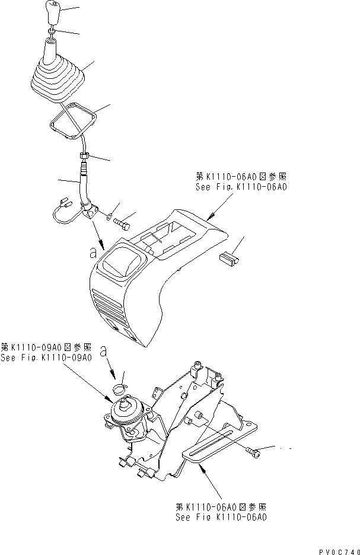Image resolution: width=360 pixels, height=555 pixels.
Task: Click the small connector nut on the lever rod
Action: pos(84,157)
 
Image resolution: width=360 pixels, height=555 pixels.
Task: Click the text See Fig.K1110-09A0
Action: pos(46,358)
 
